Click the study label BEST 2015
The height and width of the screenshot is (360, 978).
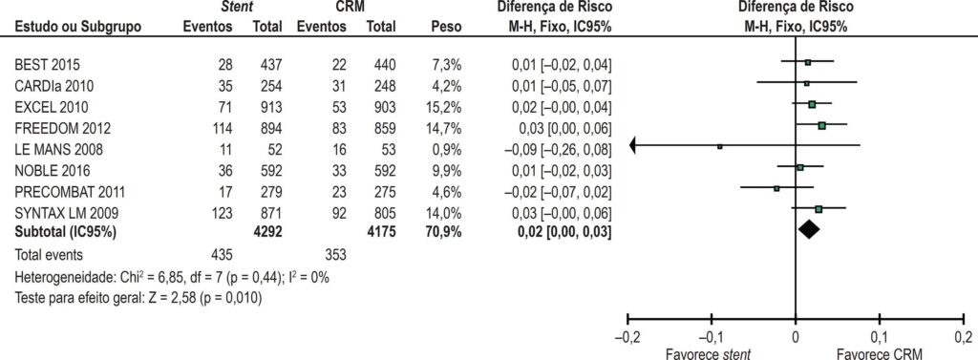click(48, 64)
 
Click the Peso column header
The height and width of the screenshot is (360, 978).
click(446, 28)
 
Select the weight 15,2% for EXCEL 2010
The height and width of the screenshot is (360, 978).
click(443, 107)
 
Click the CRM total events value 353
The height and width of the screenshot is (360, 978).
click(336, 255)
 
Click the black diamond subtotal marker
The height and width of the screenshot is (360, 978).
click(808, 229)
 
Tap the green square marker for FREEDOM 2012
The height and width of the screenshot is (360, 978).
click(822, 126)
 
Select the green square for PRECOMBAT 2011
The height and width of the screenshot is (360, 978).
click(776, 188)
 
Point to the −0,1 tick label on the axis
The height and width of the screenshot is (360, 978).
click(711, 339)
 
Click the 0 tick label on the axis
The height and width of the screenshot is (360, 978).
click(796, 339)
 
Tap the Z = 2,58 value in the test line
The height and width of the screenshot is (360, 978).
click(188, 298)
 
